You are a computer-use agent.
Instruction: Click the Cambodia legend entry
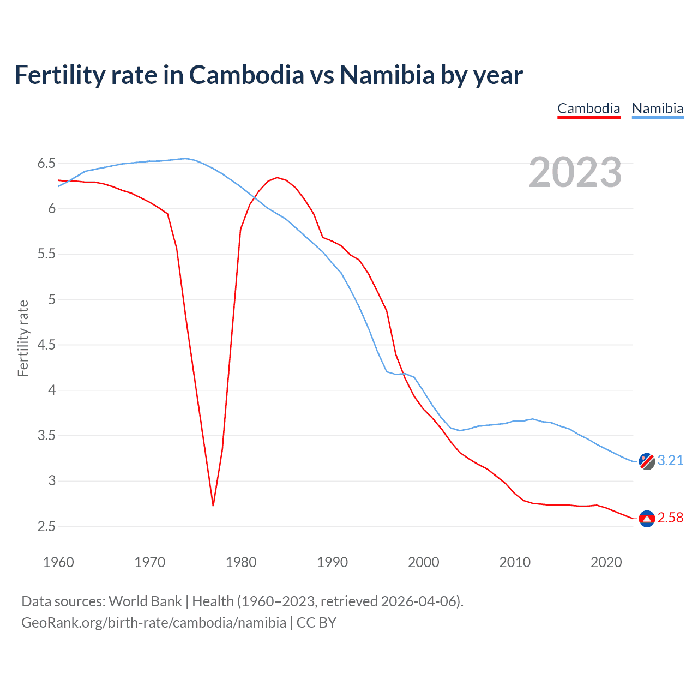588,109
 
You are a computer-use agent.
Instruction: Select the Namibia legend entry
657,109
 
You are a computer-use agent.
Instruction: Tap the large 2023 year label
575,172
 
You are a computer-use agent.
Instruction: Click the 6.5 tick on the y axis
46,164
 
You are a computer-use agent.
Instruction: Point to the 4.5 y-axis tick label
46,345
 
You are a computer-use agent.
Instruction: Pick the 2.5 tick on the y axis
46,526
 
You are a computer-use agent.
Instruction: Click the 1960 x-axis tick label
58,562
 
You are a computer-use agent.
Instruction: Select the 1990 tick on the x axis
332,562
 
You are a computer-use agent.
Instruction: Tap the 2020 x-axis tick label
606,562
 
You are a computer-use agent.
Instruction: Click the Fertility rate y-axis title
23,338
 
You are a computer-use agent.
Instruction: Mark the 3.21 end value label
670,461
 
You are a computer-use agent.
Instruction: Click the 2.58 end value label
670,518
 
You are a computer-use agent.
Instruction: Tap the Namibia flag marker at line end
647,461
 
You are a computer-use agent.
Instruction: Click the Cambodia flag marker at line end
647,519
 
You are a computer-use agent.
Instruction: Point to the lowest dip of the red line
213,505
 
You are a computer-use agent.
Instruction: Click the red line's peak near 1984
277,177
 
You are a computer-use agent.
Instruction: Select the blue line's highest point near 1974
185,159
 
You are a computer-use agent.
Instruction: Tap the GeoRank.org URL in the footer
153,623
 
